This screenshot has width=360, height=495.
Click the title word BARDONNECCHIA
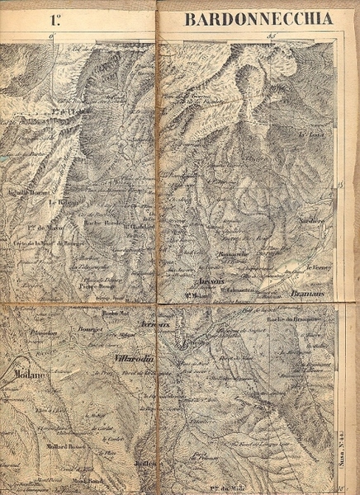pyautogui.click(x=258, y=18)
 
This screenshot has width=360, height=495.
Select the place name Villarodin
pyautogui.click(x=130, y=360)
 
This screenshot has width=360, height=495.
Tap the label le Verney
pyautogui.click(x=318, y=268)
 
